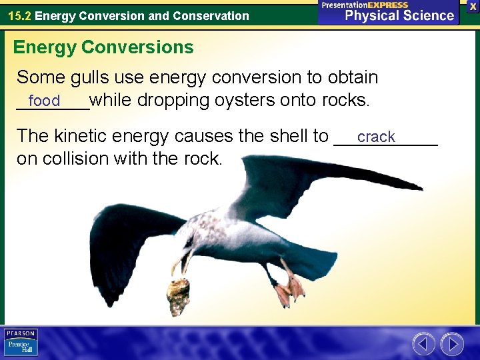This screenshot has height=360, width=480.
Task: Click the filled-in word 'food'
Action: point(45,101)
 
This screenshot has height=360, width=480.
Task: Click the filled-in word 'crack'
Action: point(376,137)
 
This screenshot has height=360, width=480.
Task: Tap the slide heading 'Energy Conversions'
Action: point(103,47)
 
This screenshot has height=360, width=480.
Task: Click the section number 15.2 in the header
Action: point(19,15)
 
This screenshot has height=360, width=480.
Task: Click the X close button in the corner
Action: point(473,6)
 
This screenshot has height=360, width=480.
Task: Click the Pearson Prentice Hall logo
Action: point(21,343)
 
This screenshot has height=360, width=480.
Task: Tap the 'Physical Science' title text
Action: point(399,15)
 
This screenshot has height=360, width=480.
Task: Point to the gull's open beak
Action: point(182,261)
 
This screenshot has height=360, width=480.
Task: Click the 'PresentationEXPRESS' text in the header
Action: point(365,5)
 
